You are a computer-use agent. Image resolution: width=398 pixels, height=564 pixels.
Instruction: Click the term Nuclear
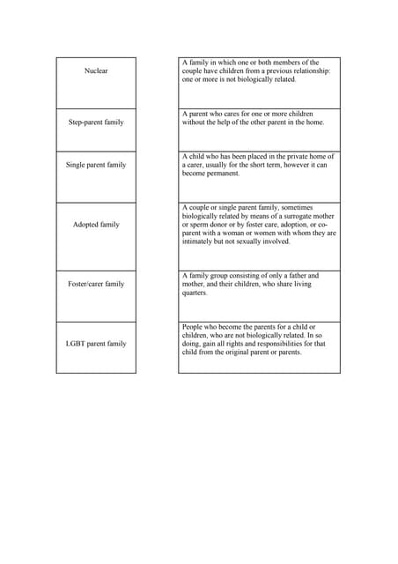[96, 70]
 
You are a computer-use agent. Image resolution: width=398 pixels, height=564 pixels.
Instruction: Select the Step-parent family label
[96, 122]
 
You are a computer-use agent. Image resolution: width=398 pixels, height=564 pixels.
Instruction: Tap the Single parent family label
[96, 165]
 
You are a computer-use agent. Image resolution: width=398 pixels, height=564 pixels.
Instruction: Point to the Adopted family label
[96, 225]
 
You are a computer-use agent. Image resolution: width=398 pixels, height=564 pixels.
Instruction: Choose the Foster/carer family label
[96, 284]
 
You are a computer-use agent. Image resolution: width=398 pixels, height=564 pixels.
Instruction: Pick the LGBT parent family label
[96, 344]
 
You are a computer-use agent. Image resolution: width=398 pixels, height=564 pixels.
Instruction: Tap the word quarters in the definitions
[195, 293]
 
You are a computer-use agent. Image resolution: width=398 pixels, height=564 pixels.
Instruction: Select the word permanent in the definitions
[228, 174]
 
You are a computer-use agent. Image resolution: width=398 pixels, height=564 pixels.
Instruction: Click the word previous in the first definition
[272, 71]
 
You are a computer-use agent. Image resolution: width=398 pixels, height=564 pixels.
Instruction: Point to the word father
[296, 276]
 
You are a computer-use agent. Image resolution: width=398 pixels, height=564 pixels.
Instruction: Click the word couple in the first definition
[194, 71]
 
